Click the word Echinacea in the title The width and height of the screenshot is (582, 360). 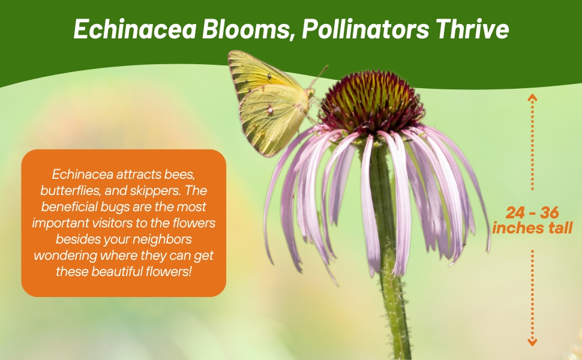(135, 29)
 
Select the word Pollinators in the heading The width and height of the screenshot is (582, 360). (365, 29)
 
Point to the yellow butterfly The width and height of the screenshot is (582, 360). (273, 104)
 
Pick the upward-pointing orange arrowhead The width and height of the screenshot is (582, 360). (532, 97)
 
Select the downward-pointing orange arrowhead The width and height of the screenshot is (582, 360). (532, 342)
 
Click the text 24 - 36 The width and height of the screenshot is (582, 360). (532, 213)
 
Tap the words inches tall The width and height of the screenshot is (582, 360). (532, 228)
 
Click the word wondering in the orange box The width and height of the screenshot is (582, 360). (65, 256)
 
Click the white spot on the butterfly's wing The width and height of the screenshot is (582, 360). (271, 109)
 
